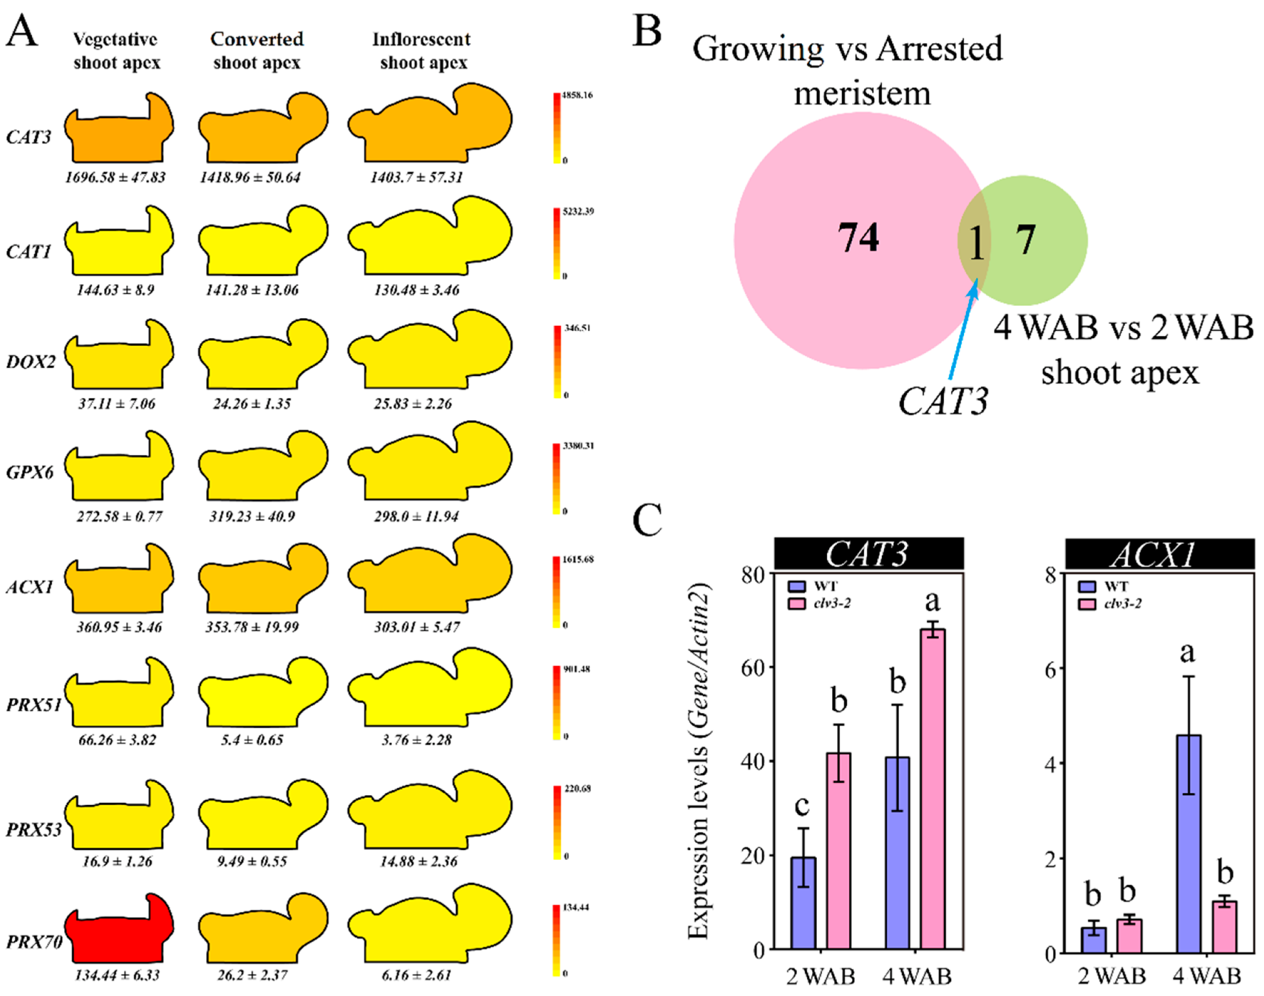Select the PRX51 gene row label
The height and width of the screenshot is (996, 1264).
(x=33, y=704)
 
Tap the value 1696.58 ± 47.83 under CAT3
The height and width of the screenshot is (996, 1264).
(x=115, y=177)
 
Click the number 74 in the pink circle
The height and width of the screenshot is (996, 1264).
(x=858, y=238)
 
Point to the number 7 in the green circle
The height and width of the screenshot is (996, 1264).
(x=1025, y=240)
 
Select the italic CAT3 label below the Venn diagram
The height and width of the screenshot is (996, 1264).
(x=943, y=401)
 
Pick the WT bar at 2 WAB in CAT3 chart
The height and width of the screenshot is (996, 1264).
(x=803, y=902)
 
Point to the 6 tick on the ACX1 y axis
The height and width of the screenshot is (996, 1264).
(x=1051, y=668)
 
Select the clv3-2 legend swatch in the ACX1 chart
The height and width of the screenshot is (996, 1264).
(x=1087, y=604)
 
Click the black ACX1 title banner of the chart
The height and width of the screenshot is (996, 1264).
(x=1159, y=554)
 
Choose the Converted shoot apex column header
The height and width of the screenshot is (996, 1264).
(x=257, y=51)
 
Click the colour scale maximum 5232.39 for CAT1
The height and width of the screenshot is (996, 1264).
(x=577, y=211)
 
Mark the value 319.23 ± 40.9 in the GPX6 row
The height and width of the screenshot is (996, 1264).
(x=252, y=516)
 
